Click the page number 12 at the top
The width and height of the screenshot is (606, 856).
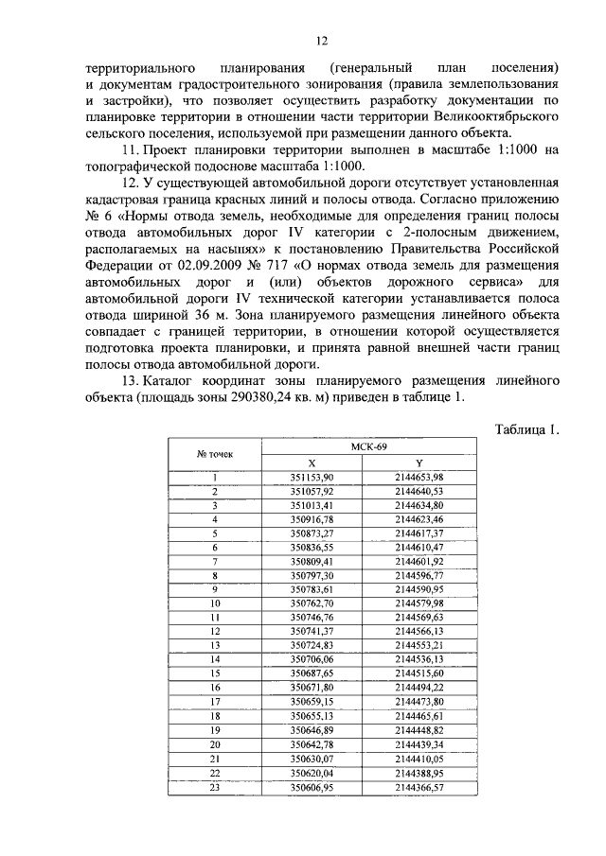pyautogui.click(x=321, y=40)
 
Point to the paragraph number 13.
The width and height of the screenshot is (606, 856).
pyautogui.click(x=133, y=380)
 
